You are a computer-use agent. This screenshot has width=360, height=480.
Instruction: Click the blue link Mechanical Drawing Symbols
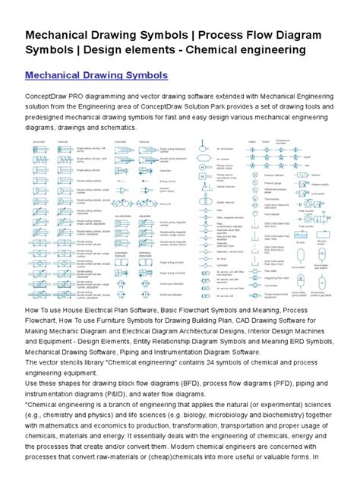(x=96, y=76)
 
